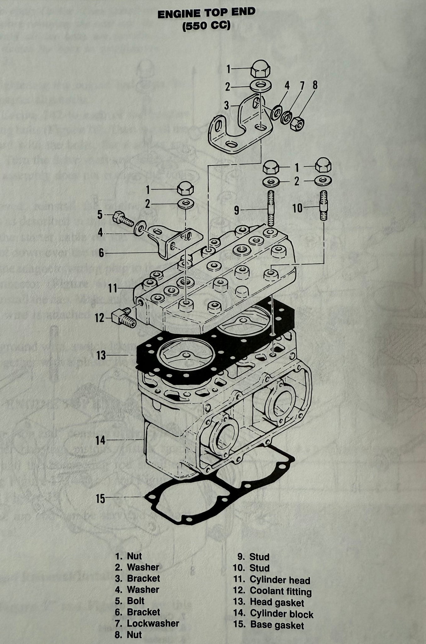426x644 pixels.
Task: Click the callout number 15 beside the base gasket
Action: point(101,498)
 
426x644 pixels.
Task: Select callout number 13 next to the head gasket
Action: point(101,356)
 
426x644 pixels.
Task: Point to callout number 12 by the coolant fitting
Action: point(100,318)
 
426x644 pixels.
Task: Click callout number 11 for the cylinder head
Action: point(113,288)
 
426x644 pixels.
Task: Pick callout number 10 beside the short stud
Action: point(297,208)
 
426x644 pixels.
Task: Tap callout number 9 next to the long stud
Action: point(236,210)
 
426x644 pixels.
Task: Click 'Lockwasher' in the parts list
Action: point(153,623)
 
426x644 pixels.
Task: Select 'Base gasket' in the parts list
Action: point(277,625)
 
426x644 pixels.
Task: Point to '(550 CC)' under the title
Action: point(206,26)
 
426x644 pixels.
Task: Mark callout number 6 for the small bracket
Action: point(101,253)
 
